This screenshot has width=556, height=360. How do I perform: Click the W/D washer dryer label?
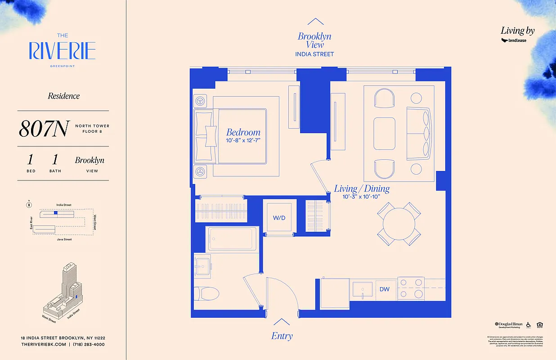click(279, 218)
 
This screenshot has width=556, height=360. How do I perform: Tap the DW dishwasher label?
click(384, 289)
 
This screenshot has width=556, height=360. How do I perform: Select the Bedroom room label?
click(243, 132)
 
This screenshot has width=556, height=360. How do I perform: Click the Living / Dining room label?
click(362, 189)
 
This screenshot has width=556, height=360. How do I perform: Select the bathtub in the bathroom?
click(232, 238)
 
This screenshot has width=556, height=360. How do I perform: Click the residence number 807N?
click(43, 129)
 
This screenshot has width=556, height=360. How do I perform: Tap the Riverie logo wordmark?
click(62, 51)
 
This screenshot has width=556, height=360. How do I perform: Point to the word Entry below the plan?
click(282, 336)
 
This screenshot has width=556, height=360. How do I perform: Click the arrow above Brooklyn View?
click(315, 22)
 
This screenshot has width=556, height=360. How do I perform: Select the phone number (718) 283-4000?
click(89, 344)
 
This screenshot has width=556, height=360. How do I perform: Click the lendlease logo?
click(514, 40)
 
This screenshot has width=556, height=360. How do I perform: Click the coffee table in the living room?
click(384, 131)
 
